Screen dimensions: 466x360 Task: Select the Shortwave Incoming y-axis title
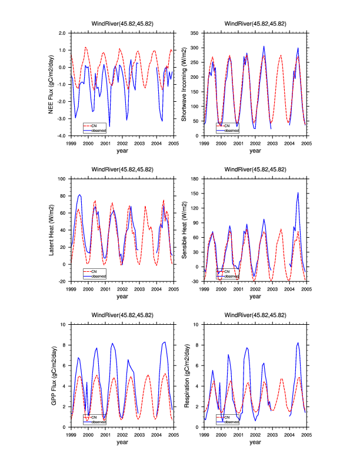[184, 85]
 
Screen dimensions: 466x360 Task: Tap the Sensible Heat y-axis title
[184, 230]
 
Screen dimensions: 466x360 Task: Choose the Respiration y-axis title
[184, 375]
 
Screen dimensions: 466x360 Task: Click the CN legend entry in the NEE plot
[95, 125]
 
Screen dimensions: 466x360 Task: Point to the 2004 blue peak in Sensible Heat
[298, 192]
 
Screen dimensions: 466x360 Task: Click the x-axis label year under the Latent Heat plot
[122, 296]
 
